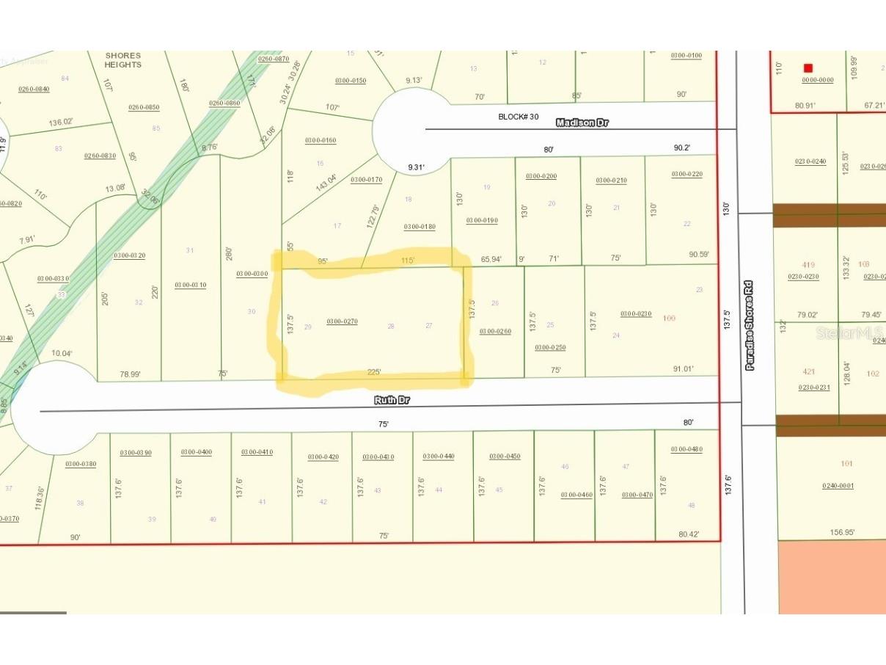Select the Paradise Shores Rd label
(x=750, y=325)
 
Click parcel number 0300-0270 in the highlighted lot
(x=342, y=321)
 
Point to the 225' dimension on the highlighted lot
(x=374, y=372)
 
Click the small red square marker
(x=808, y=68)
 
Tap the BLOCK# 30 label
(x=519, y=117)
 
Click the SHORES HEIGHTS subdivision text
(x=122, y=60)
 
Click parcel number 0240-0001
(x=837, y=485)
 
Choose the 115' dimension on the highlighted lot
(x=408, y=261)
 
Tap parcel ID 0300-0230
(x=636, y=314)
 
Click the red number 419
(x=808, y=264)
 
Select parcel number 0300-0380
(x=81, y=464)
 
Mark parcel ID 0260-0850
(x=144, y=107)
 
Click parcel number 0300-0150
(x=351, y=81)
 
